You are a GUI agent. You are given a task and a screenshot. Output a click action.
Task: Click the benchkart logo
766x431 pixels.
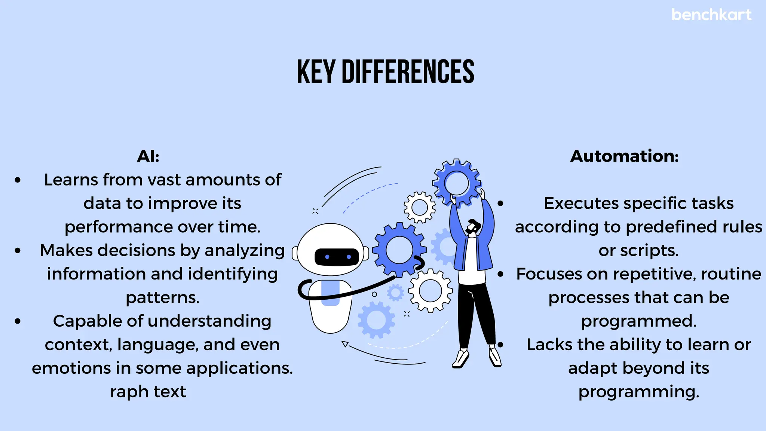711,15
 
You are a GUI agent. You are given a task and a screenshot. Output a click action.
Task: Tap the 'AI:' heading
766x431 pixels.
148,156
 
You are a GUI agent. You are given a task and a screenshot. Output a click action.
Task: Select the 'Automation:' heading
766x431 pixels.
624,156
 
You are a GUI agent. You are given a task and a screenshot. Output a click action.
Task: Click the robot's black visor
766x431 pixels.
337,257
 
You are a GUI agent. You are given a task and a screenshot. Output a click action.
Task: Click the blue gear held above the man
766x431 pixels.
456,183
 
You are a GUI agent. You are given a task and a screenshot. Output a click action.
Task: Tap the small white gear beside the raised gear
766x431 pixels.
419,207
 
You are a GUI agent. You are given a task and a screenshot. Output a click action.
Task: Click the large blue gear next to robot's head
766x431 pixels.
399,250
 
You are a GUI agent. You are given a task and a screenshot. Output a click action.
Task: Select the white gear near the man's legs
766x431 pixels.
430,290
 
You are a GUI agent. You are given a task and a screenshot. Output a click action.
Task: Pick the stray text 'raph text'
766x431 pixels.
148,392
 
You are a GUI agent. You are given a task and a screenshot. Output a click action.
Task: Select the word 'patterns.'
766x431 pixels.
162,298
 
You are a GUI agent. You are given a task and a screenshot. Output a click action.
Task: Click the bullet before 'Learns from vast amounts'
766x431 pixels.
18,180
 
